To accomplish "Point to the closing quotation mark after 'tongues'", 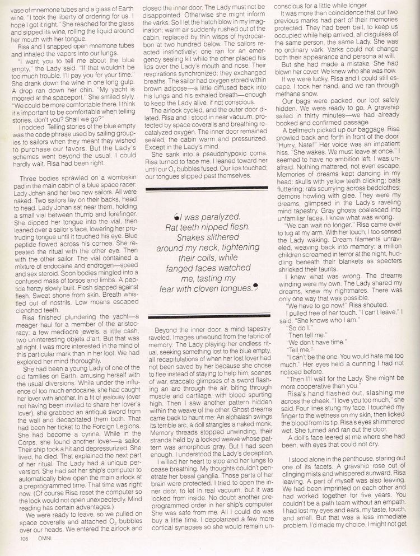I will click(256, 287).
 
